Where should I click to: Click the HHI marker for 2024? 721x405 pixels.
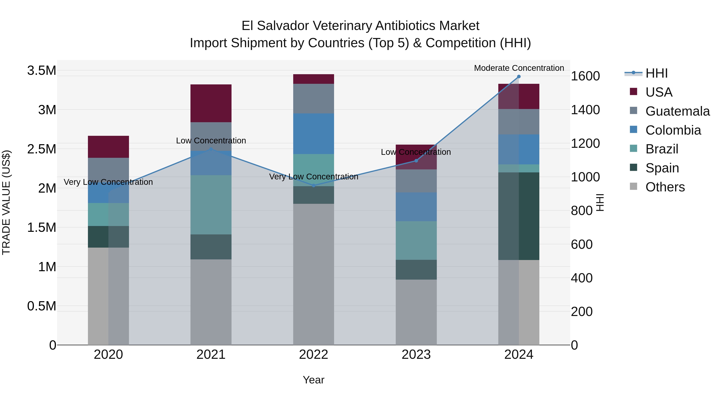click(519, 77)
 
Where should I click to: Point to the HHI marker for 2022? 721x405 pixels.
click(313, 186)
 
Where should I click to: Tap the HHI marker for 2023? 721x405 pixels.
click(416, 161)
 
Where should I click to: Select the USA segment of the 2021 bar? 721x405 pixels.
click(211, 103)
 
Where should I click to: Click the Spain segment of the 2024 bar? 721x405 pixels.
click(519, 216)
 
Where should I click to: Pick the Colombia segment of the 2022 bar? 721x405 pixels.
click(313, 134)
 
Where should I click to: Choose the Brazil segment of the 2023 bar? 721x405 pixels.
click(416, 240)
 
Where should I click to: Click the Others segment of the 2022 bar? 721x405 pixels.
click(313, 274)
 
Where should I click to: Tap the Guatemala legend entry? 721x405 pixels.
click(677, 111)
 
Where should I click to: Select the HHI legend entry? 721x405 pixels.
click(656, 73)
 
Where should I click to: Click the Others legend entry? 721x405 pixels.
click(665, 187)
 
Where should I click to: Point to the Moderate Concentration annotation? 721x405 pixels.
click(519, 68)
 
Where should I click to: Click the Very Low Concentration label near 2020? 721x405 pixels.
click(108, 182)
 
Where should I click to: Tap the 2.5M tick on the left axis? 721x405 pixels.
click(41, 149)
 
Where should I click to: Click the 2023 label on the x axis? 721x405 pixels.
click(416, 355)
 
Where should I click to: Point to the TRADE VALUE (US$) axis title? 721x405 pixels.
click(6, 202)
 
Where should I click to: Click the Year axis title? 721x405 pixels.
click(313, 380)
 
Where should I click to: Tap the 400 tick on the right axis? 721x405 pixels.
click(582, 278)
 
